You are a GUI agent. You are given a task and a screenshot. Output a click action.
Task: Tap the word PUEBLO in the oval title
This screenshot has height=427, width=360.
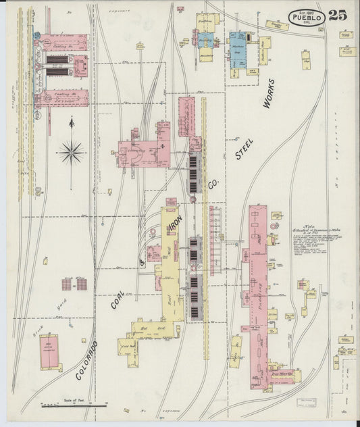pos(307,18)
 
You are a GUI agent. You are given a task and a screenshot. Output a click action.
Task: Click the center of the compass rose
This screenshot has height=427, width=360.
pos(72,151)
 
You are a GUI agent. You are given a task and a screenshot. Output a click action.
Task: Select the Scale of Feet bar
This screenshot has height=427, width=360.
pos(74,405)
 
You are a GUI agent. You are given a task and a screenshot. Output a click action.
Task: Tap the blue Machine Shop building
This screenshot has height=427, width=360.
pos(237,50)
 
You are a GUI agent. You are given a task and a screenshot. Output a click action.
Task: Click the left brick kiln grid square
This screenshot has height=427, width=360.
pos(67,284)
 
